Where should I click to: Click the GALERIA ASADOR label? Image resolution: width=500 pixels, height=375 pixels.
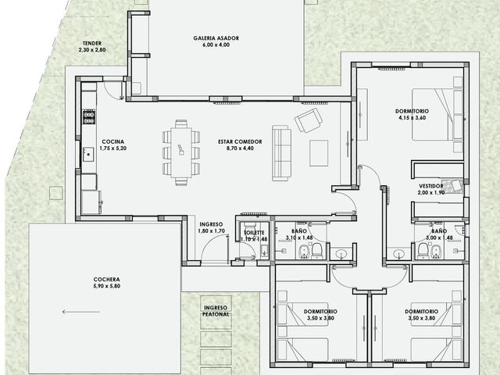pyautogui.click(x=216, y=38)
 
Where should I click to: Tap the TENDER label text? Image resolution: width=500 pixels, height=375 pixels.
pyautogui.click(x=92, y=43)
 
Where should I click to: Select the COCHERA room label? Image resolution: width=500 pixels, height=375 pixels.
pyautogui.click(x=106, y=280)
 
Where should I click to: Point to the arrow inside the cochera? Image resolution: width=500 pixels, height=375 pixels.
pyautogui.click(x=81, y=312)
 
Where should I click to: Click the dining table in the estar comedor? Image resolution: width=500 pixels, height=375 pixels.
pyautogui.click(x=181, y=152)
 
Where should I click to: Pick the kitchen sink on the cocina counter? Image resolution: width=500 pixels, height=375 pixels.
pyautogui.click(x=88, y=155)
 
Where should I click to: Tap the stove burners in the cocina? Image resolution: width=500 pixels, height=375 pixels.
pyautogui.click(x=89, y=116)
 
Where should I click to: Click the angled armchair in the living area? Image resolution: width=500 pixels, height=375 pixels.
pyautogui.click(x=309, y=120)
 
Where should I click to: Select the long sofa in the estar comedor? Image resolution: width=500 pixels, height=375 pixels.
pyautogui.click(x=281, y=153)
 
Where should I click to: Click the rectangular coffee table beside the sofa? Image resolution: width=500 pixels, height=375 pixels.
pyautogui.click(x=319, y=153)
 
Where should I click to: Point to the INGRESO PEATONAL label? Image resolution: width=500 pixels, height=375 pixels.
pyautogui.click(x=216, y=311)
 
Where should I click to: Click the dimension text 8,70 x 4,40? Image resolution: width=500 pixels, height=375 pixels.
pyautogui.click(x=240, y=148)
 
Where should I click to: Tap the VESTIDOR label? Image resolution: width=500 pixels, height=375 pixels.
pyautogui.click(x=431, y=186)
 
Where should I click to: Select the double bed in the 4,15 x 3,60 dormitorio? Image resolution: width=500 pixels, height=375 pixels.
pyautogui.click(x=437, y=115)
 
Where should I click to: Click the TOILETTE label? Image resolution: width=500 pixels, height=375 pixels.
pyautogui.click(x=254, y=233)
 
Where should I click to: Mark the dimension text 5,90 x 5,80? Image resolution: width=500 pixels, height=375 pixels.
pyautogui.click(x=107, y=286)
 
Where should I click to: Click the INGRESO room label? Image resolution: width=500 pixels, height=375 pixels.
pyautogui.click(x=211, y=224)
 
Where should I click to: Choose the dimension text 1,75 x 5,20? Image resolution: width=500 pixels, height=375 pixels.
pyautogui.click(x=112, y=148)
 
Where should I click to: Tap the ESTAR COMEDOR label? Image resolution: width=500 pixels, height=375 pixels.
pyautogui.click(x=240, y=141)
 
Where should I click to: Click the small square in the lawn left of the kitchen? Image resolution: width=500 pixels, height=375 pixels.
pyautogui.click(x=56, y=193)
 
